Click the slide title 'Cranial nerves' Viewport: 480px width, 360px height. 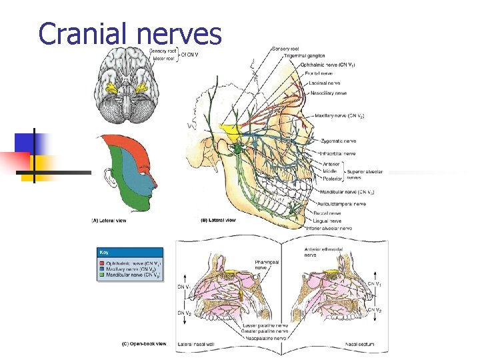(x=129, y=33)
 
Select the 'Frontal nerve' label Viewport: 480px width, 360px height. (x=319, y=72)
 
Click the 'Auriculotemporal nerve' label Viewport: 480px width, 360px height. (x=341, y=203)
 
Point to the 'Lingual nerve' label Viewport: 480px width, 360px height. (x=327, y=220)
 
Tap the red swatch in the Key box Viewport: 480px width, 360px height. (x=101, y=263)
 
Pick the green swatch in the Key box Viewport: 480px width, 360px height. (x=101, y=275)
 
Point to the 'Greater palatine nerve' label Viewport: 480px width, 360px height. (x=267, y=330)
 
